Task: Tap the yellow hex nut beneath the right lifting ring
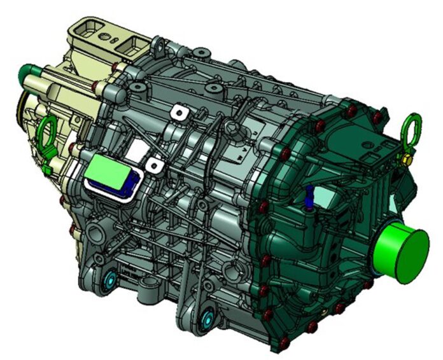[x=404, y=156]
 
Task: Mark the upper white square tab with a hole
[x=183, y=113]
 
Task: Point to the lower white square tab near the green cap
[x=153, y=165]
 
